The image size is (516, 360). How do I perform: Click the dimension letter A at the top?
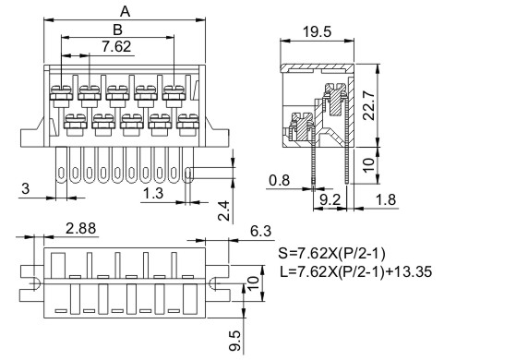[125, 12]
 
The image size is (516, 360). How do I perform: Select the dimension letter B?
[117, 30]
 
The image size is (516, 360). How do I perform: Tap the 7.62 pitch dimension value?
[116, 46]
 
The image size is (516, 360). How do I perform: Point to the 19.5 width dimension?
[317, 32]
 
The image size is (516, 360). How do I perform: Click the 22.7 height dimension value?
[368, 105]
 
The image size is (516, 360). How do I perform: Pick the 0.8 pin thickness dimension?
[280, 180]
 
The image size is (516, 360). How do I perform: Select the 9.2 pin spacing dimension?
[330, 199]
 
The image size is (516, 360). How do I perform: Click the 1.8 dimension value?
[386, 199]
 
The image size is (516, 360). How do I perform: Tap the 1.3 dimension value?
[153, 193]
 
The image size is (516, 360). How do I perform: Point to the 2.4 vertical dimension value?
[223, 210]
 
